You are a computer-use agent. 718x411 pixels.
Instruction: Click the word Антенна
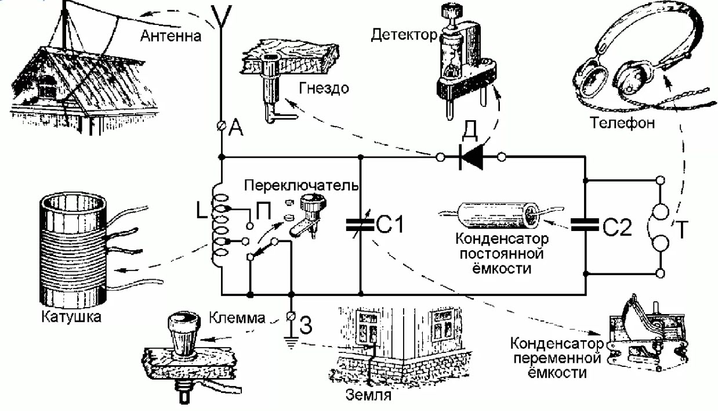click(171, 35)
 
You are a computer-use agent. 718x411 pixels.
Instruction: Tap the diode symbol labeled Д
click(471, 157)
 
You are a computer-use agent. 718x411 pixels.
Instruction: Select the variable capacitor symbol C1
click(360, 225)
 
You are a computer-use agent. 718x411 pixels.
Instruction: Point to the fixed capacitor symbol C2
click(585, 225)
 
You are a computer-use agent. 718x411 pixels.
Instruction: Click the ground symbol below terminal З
click(291, 342)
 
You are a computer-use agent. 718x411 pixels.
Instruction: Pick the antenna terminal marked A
click(221, 125)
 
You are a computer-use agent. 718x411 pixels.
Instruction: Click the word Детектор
click(404, 35)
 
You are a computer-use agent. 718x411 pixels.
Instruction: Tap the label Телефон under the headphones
click(622, 123)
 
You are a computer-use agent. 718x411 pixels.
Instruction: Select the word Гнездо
click(324, 88)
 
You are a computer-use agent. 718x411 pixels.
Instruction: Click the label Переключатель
click(302, 185)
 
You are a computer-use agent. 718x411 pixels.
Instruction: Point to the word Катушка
click(71, 317)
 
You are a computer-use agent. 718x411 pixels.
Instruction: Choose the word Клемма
click(237, 318)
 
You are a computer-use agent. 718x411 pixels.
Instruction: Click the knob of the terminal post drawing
click(183, 334)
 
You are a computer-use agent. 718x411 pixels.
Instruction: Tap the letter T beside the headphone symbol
click(682, 229)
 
